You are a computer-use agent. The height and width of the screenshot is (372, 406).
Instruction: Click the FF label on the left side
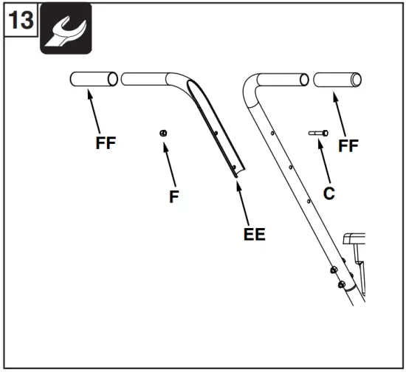(x=106, y=143)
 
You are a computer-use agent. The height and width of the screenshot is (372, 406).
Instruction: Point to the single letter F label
(x=175, y=196)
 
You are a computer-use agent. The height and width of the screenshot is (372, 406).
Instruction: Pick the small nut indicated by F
(x=164, y=132)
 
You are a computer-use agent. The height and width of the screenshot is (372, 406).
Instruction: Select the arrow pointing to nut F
(x=170, y=162)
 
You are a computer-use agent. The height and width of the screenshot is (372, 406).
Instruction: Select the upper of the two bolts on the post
(x=334, y=269)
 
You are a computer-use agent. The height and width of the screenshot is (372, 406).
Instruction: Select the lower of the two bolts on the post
(x=340, y=283)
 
